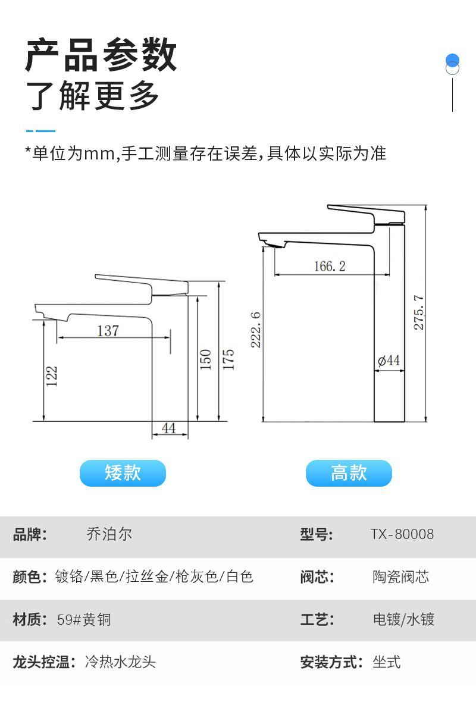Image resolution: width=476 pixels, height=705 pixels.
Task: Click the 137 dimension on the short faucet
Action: (x=108, y=330)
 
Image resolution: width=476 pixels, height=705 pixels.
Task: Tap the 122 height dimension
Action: (x=52, y=376)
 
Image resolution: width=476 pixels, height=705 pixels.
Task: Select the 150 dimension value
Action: (x=205, y=359)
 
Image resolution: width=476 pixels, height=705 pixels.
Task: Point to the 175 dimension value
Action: (x=228, y=359)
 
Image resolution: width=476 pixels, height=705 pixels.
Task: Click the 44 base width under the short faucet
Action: (x=168, y=428)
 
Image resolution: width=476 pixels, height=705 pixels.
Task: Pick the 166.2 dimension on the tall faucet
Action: (x=330, y=266)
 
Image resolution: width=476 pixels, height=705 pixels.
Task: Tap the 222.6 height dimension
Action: (x=255, y=330)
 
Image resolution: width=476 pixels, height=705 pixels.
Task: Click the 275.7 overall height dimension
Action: (x=418, y=312)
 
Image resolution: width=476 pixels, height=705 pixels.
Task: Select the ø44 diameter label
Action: (x=389, y=360)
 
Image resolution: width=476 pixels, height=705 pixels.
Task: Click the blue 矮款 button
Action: (x=123, y=473)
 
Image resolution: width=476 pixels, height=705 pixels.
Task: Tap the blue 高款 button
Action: (x=349, y=473)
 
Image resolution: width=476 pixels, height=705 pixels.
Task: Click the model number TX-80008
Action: (x=402, y=534)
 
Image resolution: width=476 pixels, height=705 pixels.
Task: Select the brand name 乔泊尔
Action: (x=109, y=534)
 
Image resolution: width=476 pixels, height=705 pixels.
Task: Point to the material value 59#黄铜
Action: (x=84, y=619)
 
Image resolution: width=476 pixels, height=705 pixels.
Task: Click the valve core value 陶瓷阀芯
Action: (x=401, y=576)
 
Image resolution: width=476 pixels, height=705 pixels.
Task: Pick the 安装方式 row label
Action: (x=331, y=662)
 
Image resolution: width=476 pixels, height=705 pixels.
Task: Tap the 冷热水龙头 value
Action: (x=120, y=662)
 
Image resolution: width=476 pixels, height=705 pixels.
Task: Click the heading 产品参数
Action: (x=101, y=55)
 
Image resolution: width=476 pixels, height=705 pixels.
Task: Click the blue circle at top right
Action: (x=452, y=60)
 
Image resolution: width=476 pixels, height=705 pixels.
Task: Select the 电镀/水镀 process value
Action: (x=403, y=619)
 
